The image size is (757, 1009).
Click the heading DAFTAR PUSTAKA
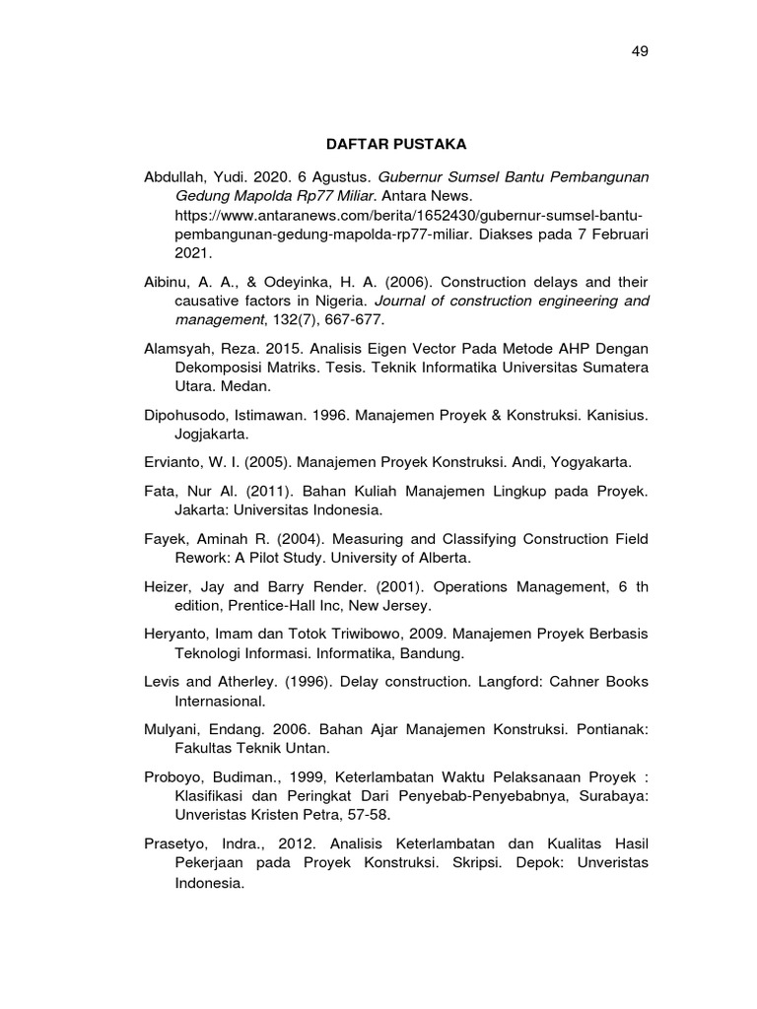tap(396, 145)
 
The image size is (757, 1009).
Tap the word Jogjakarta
tap(214, 435)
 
